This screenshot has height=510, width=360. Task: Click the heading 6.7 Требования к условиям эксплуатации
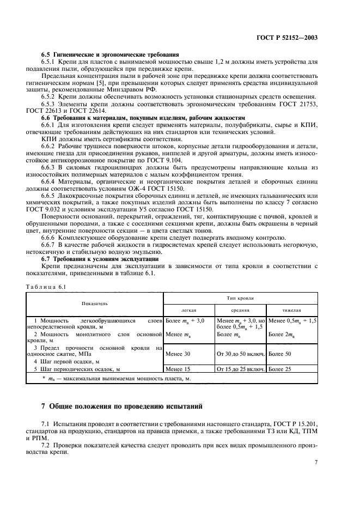99,260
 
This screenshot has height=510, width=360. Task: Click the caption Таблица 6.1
47,287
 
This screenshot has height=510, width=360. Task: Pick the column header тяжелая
292,309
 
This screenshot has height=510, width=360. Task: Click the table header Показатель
95,302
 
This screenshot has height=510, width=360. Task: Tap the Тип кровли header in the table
240,299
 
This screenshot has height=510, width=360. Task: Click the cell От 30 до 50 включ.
240,354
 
